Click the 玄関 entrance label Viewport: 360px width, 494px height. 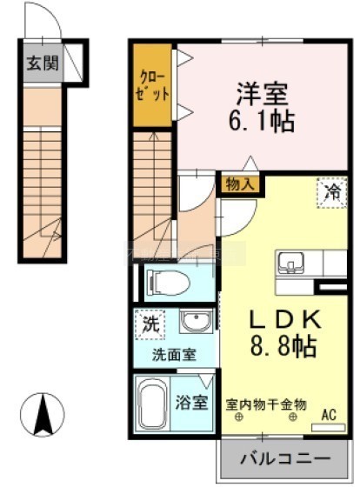(x=43, y=63)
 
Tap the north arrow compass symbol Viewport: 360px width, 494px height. (x=43, y=415)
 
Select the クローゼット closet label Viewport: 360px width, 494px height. (x=152, y=86)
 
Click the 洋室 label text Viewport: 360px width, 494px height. (x=263, y=94)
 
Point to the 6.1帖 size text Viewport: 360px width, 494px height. (x=262, y=121)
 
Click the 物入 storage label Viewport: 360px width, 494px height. (x=240, y=184)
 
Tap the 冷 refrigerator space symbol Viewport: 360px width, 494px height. (x=333, y=192)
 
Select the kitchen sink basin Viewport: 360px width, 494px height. (x=290, y=263)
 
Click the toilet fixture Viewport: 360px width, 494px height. (x=169, y=283)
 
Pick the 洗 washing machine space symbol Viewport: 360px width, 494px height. (x=150, y=324)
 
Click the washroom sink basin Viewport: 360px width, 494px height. (x=196, y=320)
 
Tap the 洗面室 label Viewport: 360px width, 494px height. (x=174, y=355)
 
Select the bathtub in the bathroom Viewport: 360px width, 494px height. (x=153, y=403)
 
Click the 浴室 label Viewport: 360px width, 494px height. (x=192, y=403)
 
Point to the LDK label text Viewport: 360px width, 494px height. (x=285, y=319)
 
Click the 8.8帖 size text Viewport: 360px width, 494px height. (x=283, y=346)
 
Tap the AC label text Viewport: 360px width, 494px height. (x=329, y=414)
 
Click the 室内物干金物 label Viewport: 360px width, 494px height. (x=266, y=404)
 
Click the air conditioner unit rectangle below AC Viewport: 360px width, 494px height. (x=329, y=428)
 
